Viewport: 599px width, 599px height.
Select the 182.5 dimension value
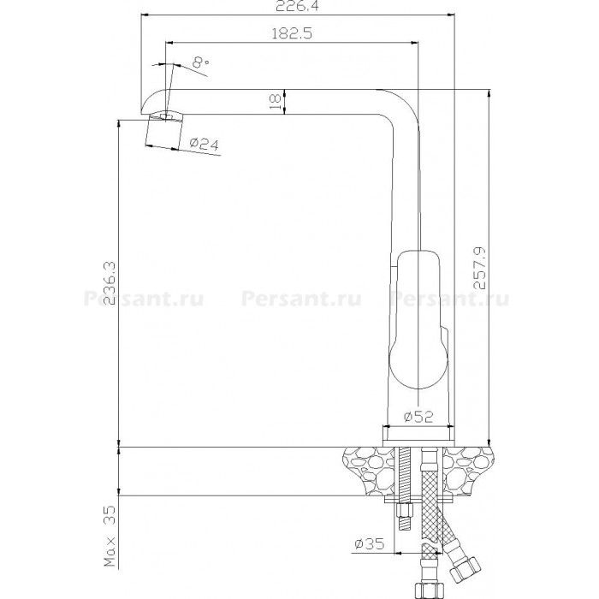click(292, 33)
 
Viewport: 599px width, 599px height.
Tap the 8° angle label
click(200, 62)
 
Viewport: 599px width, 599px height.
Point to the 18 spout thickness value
click(275, 102)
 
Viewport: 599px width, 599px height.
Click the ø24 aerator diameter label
click(205, 144)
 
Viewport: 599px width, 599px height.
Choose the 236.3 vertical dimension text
click(110, 283)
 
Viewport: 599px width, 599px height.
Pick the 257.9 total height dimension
click(480, 268)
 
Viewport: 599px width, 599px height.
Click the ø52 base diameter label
click(418, 417)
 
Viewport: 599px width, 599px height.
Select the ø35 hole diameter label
click(370, 543)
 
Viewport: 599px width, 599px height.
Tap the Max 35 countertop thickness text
click(110, 537)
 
